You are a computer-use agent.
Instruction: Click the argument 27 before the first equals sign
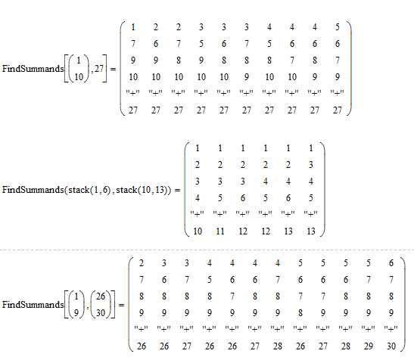click(x=98, y=69)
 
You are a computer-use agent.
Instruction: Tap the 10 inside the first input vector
click(x=79, y=77)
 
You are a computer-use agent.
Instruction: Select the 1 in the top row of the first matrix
click(x=133, y=27)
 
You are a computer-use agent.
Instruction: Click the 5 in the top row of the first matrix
click(x=338, y=27)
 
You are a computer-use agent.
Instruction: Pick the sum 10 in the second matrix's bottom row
click(x=198, y=231)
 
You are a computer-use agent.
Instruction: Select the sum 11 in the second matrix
click(x=220, y=231)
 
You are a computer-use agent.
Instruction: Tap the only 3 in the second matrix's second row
click(x=311, y=165)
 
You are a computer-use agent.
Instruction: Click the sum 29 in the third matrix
click(x=369, y=346)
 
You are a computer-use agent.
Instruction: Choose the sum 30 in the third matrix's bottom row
click(x=391, y=346)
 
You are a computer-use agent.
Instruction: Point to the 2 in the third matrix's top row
click(x=142, y=263)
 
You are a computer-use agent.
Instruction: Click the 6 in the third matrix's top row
click(x=391, y=263)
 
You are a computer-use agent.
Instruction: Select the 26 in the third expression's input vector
click(x=101, y=296)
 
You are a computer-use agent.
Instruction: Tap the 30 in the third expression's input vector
click(x=101, y=313)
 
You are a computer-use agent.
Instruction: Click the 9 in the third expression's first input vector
click(x=76, y=313)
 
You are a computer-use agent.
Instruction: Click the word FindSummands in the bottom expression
click(x=33, y=305)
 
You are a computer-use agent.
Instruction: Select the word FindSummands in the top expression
click(x=33, y=69)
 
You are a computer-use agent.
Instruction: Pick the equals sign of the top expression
click(x=113, y=69)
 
